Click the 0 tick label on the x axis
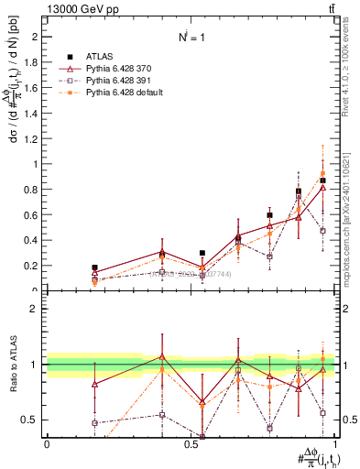[x=47, y=444]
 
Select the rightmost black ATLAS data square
[x=322, y=180]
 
